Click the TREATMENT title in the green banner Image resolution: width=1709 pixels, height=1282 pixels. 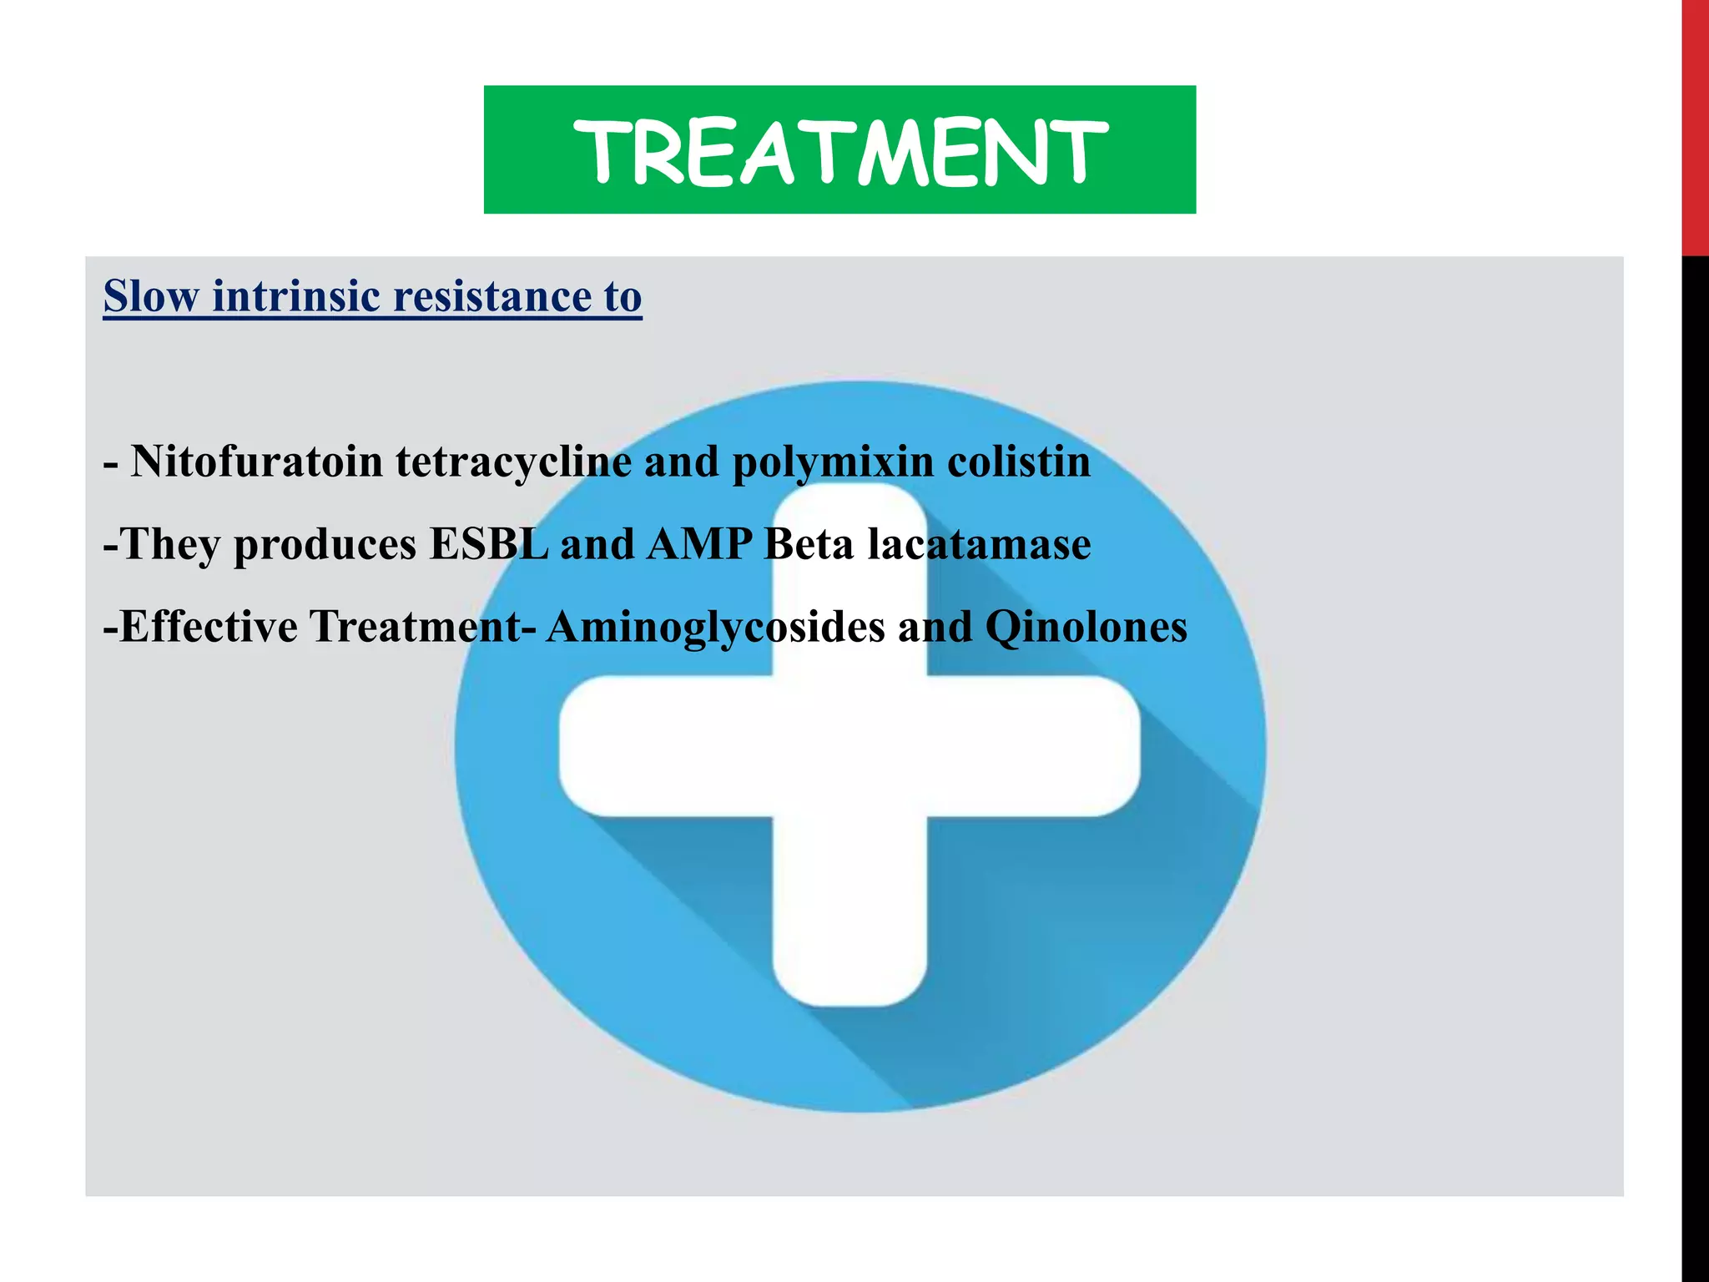[x=839, y=150]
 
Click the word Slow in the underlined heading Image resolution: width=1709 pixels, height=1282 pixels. [x=151, y=296]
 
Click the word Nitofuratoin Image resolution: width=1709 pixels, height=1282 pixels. [x=257, y=462]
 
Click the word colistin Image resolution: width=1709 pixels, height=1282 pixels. [x=1018, y=462]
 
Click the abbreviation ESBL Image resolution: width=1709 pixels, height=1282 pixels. [x=488, y=544]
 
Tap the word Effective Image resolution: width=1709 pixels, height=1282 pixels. [x=209, y=627]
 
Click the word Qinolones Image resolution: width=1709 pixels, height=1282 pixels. [x=1086, y=628]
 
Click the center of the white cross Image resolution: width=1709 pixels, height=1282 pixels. [x=849, y=745]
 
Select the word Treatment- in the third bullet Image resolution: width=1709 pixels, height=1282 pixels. [x=422, y=627]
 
